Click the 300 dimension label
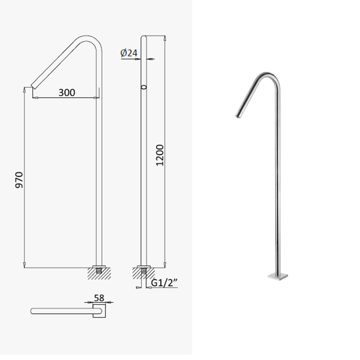point(67,92)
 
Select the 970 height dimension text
point(19,180)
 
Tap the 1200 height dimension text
point(160,155)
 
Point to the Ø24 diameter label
point(129,53)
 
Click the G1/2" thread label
point(165,283)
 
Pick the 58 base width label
point(99,298)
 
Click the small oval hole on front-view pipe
point(144,87)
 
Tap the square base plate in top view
point(99,311)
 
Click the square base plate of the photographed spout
point(278,277)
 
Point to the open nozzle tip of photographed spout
point(238,116)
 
